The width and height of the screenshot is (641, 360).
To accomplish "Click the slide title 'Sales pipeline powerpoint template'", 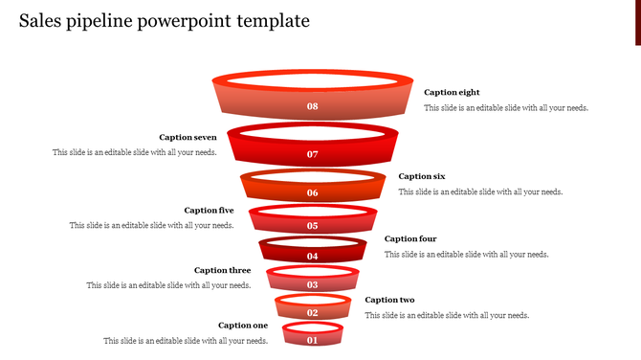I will [x=164, y=21].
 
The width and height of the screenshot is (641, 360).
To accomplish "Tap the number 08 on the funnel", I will [x=312, y=106].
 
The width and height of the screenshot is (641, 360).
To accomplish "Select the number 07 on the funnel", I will [x=312, y=154].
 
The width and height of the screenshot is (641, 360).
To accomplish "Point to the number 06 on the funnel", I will [x=312, y=192].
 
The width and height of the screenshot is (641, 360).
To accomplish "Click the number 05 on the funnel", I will [x=312, y=226].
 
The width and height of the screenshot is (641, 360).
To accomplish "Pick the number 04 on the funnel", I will [x=312, y=257].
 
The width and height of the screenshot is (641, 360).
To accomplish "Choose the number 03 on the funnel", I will [x=312, y=285].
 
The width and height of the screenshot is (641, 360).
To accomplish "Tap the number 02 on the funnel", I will [x=312, y=313].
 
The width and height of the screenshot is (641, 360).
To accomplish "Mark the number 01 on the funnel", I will [x=312, y=340].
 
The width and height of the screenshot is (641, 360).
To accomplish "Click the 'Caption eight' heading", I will [x=452, y=92].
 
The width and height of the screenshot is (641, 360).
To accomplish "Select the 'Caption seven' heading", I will [x=188, y=137].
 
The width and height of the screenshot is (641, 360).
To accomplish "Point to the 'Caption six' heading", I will [x=422, y=176].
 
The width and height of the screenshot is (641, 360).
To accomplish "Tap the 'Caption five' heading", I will [x=209, y=210].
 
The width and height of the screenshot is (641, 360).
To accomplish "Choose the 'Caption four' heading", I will [x=410, y=238].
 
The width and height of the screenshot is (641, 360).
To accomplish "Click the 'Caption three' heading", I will [x=222, y=270].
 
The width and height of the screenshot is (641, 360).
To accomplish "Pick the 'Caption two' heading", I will [x=389, y=300].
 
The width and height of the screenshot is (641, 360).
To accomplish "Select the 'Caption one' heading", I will [x=243, y=326].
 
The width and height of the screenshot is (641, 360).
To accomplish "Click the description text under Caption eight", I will [x=506, y=108].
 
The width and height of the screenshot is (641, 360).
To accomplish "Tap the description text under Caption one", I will [x=186, y=341].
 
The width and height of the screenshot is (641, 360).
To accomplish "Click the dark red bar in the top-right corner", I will [x=637, y=22].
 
